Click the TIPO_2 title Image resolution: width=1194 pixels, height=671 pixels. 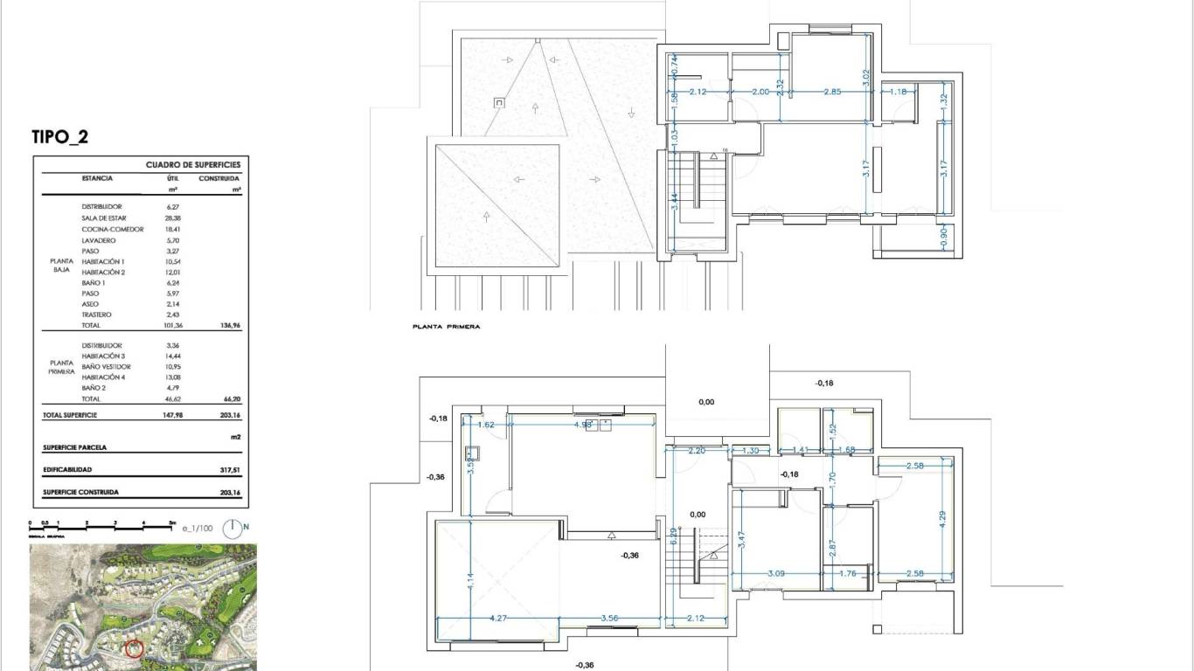(59, 137)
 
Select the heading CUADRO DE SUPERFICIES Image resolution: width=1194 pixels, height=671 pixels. (192, 164)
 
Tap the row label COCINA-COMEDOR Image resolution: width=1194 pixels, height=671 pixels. (113, 229)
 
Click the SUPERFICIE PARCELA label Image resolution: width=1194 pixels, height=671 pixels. (75, 447)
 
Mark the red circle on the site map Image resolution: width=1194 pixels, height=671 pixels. (134, 648)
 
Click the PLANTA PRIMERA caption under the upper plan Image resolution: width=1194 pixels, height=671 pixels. (446, 327)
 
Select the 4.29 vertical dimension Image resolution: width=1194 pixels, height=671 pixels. (942, 518)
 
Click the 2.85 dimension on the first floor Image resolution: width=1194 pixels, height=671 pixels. (832, 92)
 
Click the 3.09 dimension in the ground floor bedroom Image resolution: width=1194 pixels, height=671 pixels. (775, 574)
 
